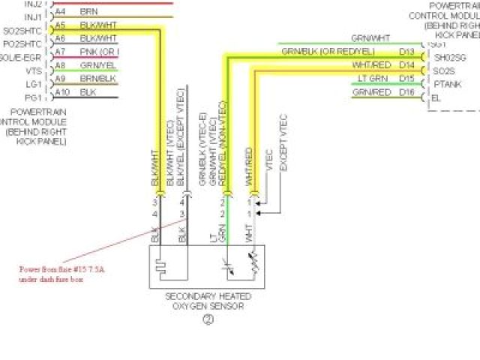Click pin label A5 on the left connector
61,24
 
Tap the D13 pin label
407,52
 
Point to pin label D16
407,91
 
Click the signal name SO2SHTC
22,30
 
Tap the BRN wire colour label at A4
88,11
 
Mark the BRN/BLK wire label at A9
97,78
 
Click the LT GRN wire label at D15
373,78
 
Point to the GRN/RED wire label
372,91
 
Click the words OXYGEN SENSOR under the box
208,305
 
